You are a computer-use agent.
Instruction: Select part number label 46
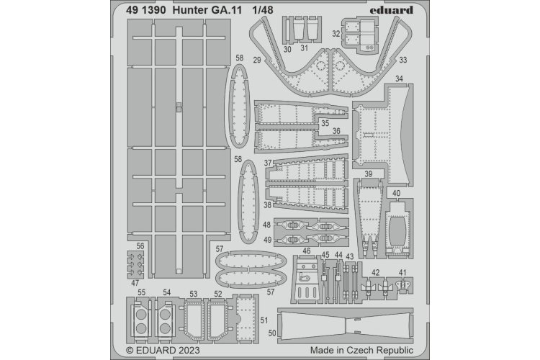(306, 251)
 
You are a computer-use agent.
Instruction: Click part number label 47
(135, 283)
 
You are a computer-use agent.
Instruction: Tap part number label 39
(368, 174)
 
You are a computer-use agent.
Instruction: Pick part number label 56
(140, 246)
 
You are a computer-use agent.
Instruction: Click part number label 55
(142, 292)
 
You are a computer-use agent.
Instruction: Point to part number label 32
(336, 33)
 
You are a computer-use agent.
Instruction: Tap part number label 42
(376, 271)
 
